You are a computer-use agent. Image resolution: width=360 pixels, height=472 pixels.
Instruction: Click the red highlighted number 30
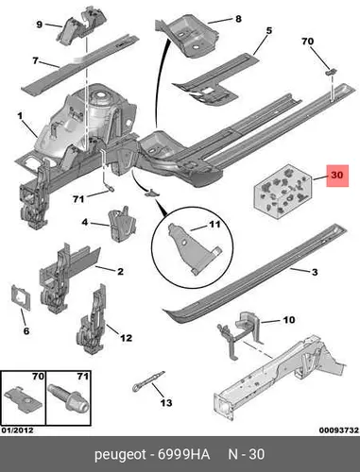pos(337,175)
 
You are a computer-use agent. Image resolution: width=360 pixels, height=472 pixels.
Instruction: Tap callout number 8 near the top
pos(238,19)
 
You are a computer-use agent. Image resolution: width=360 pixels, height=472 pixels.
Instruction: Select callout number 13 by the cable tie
pos(166,402)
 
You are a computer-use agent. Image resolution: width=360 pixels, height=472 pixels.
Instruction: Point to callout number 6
pos(26,330)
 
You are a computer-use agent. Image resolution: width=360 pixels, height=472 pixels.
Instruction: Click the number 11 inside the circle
pos(214,225)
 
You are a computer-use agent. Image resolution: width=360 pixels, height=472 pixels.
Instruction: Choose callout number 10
pos(289,320)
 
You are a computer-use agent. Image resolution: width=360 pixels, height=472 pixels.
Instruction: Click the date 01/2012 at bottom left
pos(18,430)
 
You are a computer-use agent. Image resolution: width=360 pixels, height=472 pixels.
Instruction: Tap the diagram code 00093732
pos(339,430)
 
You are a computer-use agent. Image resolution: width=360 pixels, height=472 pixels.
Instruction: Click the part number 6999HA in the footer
pos(183,454)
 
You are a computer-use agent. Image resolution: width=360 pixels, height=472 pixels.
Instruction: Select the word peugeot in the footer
pos(120,455)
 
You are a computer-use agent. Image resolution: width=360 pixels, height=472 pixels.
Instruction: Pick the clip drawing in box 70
pos(23,398)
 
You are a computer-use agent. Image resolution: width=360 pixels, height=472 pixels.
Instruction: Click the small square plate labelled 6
pos(21,297)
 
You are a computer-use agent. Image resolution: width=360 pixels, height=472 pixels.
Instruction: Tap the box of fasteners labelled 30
pos(283,192)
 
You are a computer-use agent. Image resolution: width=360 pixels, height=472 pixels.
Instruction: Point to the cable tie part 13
pos(148,381)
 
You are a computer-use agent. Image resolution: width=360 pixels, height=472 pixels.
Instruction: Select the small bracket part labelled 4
pos(122,225)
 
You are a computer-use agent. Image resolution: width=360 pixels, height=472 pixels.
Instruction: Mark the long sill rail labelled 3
pos(255,274)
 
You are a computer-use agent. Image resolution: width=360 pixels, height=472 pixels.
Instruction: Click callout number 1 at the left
pos(20,116)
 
